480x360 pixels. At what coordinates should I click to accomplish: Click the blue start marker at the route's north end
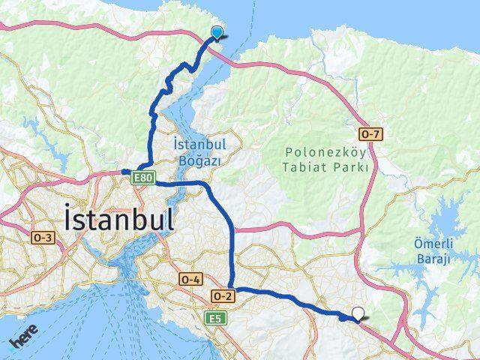pos(217,32)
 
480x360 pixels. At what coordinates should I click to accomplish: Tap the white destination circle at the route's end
pos(358,314)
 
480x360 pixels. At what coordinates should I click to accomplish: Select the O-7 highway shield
pos(370,135)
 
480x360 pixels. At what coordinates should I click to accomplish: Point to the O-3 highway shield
pos(43,238)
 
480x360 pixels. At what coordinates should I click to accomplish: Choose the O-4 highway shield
pos(190,279)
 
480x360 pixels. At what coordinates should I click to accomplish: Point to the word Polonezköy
pos(325,151)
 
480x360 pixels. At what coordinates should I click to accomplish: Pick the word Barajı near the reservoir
pos(433,259)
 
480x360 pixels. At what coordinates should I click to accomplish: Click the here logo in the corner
pos(22,343)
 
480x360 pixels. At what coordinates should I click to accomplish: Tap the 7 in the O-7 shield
pos(377,135)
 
